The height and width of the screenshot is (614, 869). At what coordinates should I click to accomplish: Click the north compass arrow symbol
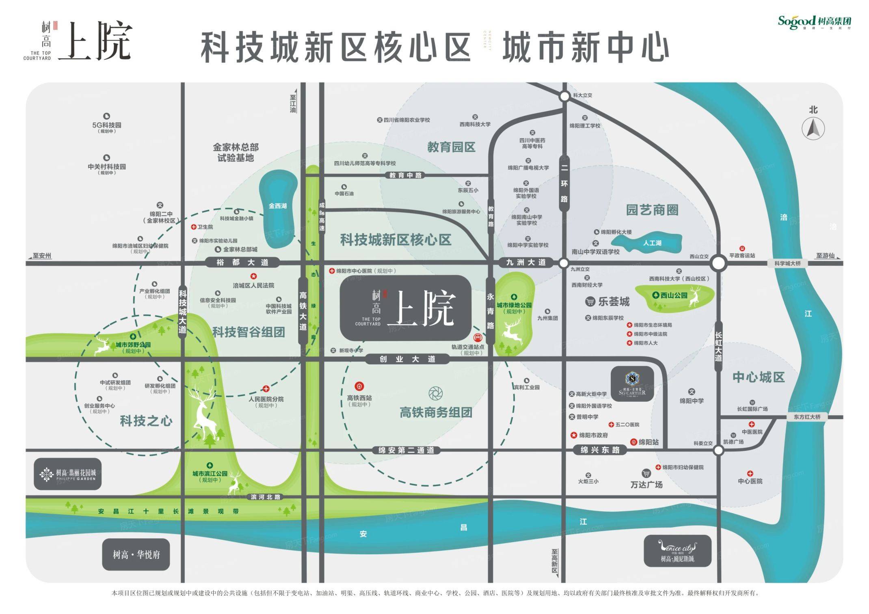click(813, 129)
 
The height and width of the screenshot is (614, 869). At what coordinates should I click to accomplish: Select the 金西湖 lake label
click(278, 206)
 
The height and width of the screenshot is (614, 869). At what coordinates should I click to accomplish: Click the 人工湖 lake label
click(652, 243)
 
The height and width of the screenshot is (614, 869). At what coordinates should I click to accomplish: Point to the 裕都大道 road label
click(242, 263)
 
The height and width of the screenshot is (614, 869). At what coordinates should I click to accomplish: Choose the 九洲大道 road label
click(526, 263)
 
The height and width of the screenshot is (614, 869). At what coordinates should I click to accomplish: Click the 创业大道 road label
click(407, 359)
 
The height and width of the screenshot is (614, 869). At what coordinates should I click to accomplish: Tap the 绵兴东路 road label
click(600, 450)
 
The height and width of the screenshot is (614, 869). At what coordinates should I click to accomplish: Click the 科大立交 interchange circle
click(564, 97)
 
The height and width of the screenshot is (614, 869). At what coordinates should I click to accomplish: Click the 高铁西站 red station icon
click(359, 386)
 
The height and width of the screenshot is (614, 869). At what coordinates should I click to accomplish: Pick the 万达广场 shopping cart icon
click(646, 473)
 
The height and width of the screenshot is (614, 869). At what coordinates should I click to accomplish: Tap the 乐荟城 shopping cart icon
click(590, 302)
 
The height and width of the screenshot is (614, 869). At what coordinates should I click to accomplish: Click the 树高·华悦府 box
click(136, 554)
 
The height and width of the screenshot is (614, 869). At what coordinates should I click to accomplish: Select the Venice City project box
click(677, 551)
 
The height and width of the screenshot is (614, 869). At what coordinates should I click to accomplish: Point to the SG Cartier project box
click(632, 384)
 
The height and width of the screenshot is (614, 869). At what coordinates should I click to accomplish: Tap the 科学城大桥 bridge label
click(787, 263)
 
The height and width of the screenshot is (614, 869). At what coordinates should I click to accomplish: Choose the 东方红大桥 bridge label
click(807, 417)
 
